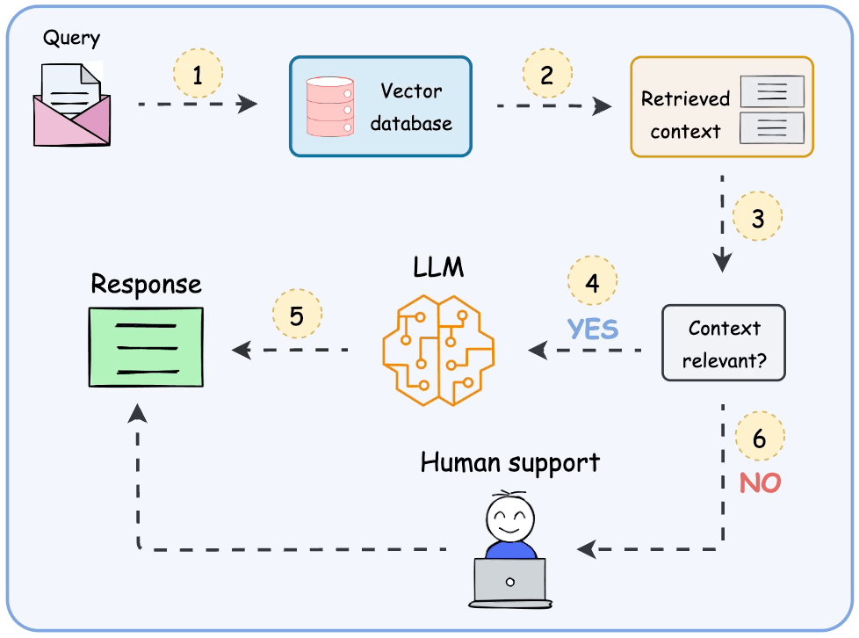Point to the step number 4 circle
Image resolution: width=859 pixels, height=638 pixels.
(593, 282)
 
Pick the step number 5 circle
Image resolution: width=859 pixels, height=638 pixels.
(297, 315)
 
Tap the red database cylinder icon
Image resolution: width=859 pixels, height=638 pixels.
(329, 107)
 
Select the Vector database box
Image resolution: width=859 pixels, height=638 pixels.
(380, 106)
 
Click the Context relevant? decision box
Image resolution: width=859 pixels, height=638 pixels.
(723, 342)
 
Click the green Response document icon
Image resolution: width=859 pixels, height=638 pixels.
(146, 347)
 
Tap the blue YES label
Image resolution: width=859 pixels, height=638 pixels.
(593, 329)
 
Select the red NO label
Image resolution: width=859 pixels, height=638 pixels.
(760, 482)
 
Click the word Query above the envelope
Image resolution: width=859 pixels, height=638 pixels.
(72, 38)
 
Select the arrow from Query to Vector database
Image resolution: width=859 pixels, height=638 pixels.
(198, 105)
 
